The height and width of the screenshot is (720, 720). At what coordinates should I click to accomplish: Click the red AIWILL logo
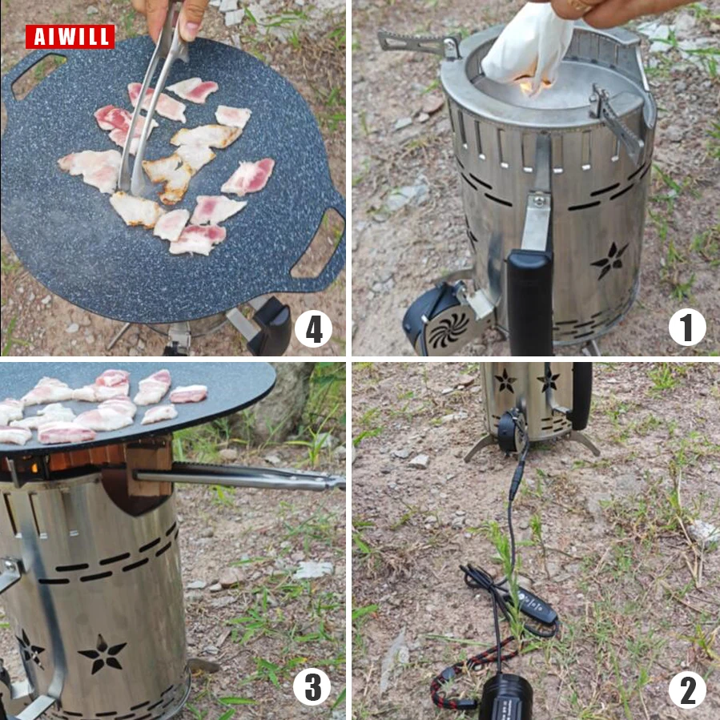pyautogui.click(x=70, y=36)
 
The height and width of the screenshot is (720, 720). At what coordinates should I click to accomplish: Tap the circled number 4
pyautogui.click(x=313, y=329)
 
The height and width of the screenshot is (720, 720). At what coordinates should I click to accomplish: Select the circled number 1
pyautogui.click(x=687, y=327)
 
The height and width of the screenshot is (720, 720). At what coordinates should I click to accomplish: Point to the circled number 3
pyautogui.click(x=312, y=687)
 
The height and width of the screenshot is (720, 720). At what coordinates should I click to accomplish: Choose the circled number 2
pyautogui.click(x=687, y=690)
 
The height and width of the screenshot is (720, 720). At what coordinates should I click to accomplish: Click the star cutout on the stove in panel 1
pyautogui.click(x=609, y=261)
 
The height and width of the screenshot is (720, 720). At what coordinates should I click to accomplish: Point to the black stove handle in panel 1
pyautogui.click(x=529, y=302)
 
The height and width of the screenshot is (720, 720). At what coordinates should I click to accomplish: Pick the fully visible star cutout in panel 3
pyautogui.click(x=102, y=654)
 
